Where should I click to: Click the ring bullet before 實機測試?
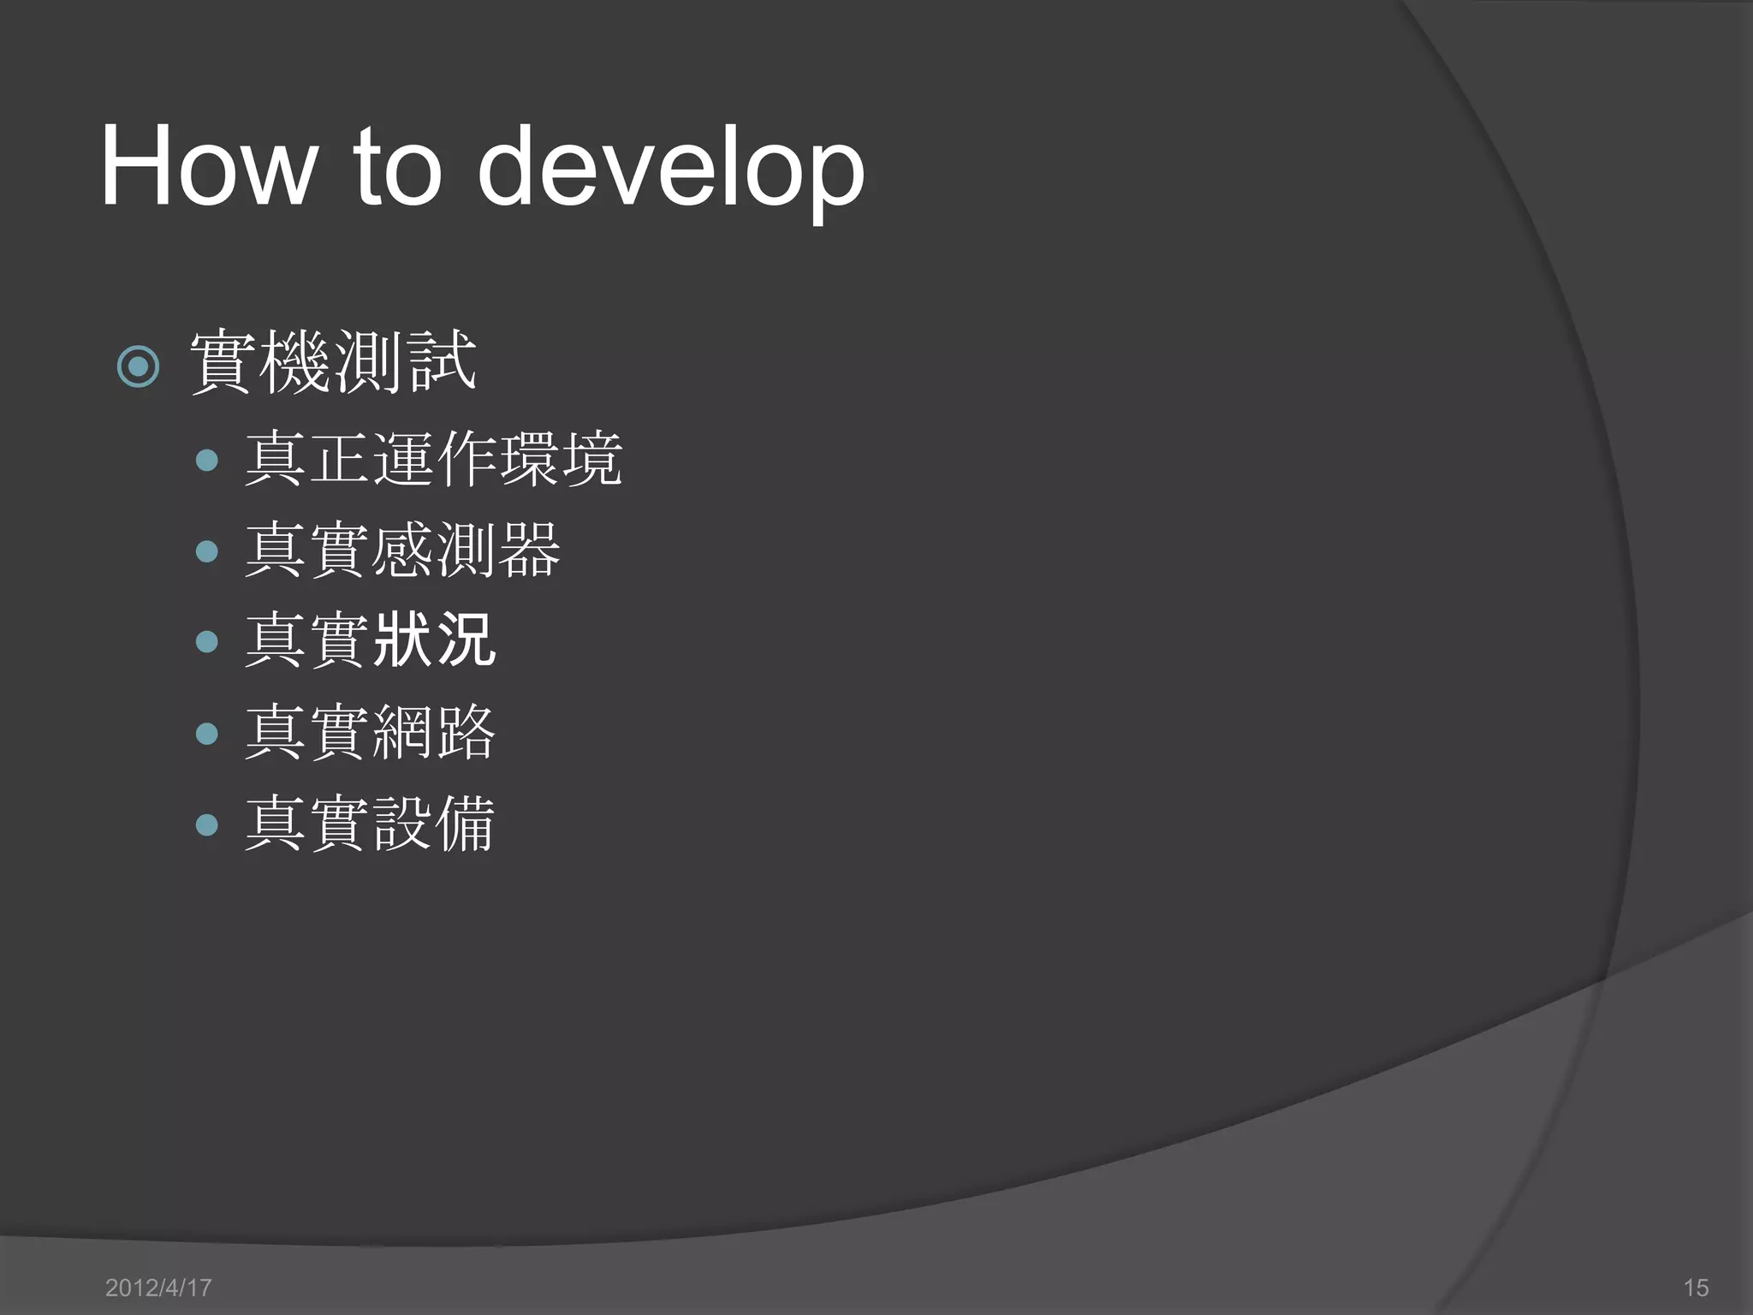(x=138, y=367)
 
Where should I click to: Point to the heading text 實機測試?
(x=332, y=363)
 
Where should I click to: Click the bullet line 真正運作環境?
(x=433, y=460)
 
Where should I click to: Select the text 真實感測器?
(x=402, y=550)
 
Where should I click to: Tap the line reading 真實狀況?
(x=370, y=640)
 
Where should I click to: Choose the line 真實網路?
(x=370, y=733)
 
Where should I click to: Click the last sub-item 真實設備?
(x=370, y=824)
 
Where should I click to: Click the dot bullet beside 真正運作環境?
(x=207, y=461)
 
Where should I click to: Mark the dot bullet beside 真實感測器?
(x=207, y=551)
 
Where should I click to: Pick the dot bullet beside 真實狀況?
(x=207, y=641)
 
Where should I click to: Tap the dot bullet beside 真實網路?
(x=207, y=734)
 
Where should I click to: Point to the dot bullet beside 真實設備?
(x=207, y=824)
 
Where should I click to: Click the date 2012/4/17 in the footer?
(x=158, y=1288)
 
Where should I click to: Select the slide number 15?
(x=1696, y=1288)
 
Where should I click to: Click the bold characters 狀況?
(x=434, y=640)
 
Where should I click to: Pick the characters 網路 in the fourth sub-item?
(x=434, y=733)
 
